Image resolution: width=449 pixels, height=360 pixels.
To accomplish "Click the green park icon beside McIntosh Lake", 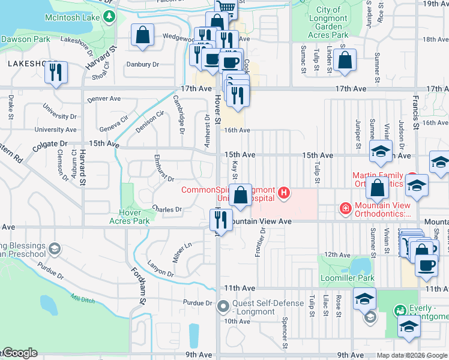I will (109, 17).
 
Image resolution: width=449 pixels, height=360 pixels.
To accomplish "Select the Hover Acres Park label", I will (129, 217).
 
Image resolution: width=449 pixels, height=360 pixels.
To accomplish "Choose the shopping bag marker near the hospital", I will (240, 196).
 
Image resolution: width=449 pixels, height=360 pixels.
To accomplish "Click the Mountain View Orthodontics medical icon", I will (345, 209).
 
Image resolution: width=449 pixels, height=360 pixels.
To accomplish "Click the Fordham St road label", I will (136, 292).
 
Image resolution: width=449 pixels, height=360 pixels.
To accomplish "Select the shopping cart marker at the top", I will (226, 7).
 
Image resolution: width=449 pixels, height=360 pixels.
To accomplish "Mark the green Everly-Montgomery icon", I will (400, 310).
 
